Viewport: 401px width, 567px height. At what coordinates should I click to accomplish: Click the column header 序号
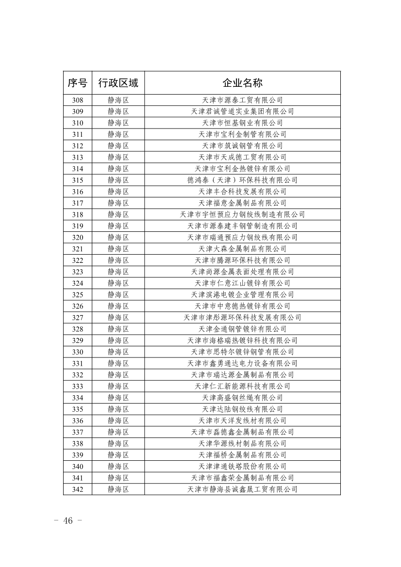77,83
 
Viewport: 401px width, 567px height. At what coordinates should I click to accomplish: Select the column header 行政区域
118,83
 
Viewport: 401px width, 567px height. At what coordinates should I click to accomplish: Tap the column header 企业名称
242,83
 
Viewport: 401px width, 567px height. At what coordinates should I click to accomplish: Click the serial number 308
77,100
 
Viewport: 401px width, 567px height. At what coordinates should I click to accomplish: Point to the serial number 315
77,180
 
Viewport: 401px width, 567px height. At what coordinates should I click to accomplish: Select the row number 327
77,318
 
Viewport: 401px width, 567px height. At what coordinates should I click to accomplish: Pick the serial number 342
77,489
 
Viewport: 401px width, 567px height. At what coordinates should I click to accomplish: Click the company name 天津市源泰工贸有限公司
242,100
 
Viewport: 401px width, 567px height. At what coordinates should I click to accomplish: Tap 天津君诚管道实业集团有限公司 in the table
242,112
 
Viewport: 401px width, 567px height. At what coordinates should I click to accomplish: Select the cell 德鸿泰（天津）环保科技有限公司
242,180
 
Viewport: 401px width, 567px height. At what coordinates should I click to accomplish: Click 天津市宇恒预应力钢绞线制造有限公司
242,214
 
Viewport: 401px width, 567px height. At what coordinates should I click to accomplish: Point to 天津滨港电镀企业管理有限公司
242,295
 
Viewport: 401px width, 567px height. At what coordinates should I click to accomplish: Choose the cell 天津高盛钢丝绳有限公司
242,398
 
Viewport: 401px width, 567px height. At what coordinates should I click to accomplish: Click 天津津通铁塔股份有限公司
242,467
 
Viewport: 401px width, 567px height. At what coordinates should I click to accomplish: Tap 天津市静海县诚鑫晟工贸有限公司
242,489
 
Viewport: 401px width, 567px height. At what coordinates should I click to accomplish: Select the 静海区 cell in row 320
118,238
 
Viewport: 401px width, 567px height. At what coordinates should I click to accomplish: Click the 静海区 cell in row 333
118,387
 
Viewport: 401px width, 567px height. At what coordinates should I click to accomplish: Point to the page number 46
67,521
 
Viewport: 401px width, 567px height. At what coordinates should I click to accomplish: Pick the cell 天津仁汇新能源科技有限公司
242,387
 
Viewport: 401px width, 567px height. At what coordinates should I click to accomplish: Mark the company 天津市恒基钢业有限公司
242,123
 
